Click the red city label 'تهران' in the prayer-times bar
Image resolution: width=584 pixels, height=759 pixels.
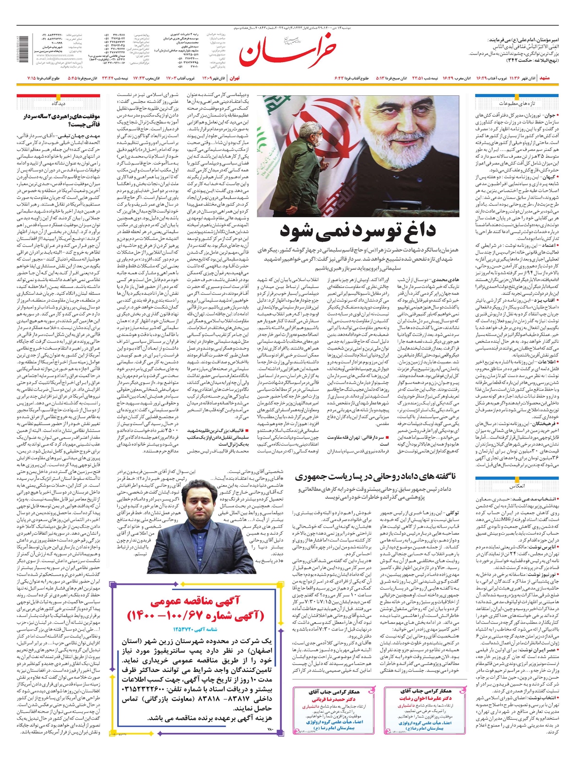[x=235, y=78]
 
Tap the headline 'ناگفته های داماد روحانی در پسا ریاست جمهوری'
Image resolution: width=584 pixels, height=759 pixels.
[x=375, y=476]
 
